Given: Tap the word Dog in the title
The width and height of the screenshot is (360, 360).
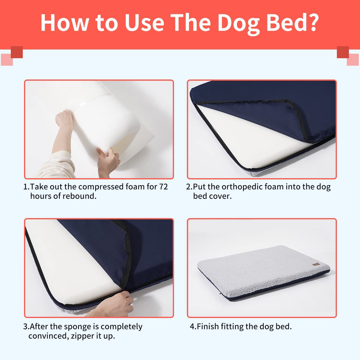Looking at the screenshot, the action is (239, 24).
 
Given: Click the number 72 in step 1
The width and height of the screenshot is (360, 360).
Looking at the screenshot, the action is (163, 186).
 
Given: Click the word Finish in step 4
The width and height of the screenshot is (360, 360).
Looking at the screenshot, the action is (208, 326).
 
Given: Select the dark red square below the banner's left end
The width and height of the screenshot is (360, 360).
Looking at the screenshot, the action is (17, 52).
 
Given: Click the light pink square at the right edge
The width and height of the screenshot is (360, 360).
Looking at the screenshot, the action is (353, 60).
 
